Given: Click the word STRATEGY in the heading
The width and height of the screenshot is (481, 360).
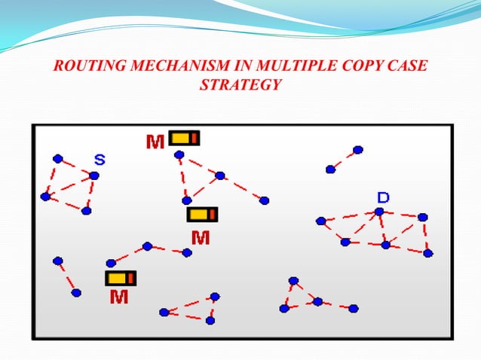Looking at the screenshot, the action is pyautogui.click(x=240, y=85).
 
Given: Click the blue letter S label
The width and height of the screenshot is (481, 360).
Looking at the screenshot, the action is pyautogui.click(x=100, y=159).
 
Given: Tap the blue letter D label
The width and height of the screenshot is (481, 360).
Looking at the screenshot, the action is pyautogui.click(x=383, y=197).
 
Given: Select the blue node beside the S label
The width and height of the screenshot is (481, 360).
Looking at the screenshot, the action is pyautogui.click(x=93, y=175).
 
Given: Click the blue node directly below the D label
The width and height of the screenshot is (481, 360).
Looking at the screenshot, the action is pyautogui.click(x=379, y=212).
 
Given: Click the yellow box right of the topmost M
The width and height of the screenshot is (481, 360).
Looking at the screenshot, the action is pyautogui.click(x=184, y=138).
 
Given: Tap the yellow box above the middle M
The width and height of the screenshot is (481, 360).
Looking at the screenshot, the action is pyautogui.click(x=202, y=215).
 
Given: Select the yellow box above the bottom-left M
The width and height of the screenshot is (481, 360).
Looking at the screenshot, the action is pyautogui.click(x=121, y=278).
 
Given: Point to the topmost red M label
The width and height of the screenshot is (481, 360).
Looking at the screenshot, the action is pyautogui.click(x=155, y=142).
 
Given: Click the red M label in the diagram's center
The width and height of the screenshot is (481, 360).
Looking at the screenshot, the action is pyautogui.click(x=200, y=238).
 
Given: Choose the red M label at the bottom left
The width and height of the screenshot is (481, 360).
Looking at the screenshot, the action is pyautogui.click(x=118, y=297).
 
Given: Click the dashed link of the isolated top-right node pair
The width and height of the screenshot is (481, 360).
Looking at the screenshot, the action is pyautogui.click(x=344, y=160).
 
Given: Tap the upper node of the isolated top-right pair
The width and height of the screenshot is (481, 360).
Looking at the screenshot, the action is pyautogui.click(x=357, y=150).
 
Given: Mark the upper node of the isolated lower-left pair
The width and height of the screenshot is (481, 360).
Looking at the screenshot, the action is pyautogui.click(x=57, y=261).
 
